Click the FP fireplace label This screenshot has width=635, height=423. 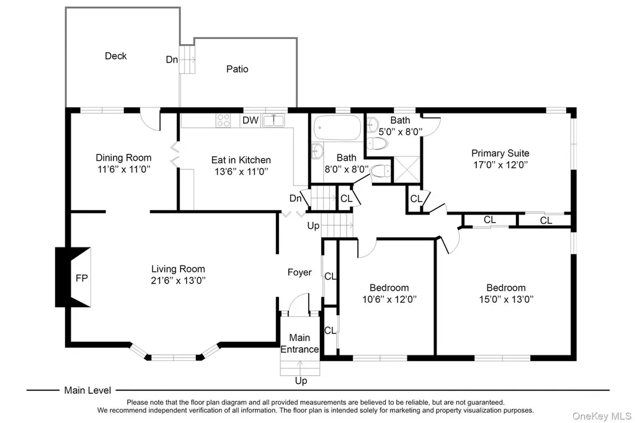(x=82, y=278)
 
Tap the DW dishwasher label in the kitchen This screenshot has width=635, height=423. (x=251, y=120)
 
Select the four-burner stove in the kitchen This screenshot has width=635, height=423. (x=223, y=120)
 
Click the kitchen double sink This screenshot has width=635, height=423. (x=273, y=120)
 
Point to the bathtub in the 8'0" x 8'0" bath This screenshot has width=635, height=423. (x=337, y=127)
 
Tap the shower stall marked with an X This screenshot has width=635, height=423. (x=407, y=169)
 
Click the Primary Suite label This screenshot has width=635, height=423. (x=500, y=153)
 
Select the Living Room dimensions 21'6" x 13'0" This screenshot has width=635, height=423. (x=178, y=280)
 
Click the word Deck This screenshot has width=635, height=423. (x=116, y=56)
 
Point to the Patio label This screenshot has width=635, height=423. (x=238, y=69)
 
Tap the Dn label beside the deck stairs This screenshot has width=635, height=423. (x=172, y=60)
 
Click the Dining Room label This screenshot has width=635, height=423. (x=123, y=158)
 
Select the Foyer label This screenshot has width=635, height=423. (x=300, y=272)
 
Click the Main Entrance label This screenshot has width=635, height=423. (x=300, y=344)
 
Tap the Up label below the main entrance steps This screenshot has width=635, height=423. (x=301, y=381)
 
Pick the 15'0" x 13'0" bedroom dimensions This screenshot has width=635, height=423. (x=506, y=300)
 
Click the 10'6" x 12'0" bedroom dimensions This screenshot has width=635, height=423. (x=389, y=300)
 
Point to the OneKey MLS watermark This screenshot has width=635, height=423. (x=602, y=416)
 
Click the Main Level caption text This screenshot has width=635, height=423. (x=87, y=391)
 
